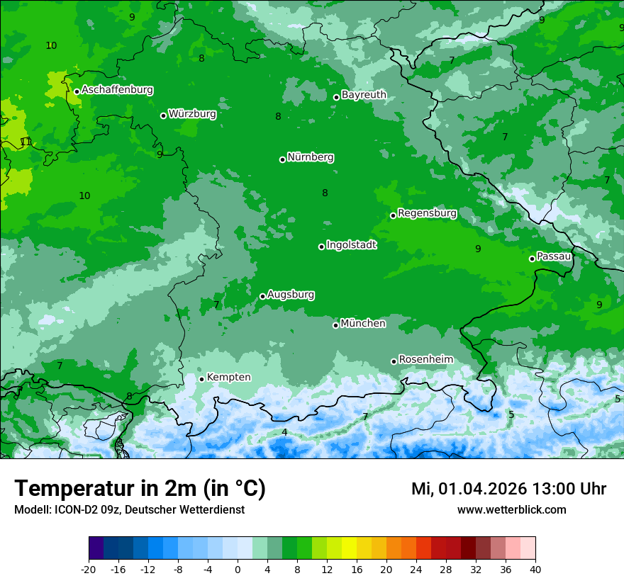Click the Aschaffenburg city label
pyautogui.click(x=117, y=90)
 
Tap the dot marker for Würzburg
pyautogui.click(x=163, y=115)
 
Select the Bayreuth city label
pyautogui.click(x=364, y=94)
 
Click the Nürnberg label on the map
pyautogui.click(x=311, y=157)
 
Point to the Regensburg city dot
pyautogui.click(x=393, y=215)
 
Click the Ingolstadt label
pyautogui.click(x=351, y=245)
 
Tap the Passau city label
pyautogui.click(x=554, y=256)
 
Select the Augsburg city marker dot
pyautogui.click(x=262, y=296)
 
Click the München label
pyautogui.click(x=363, y=324)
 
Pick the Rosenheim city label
pyautogui.click(x=425, y=360)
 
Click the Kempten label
pyautogui.click(x=228, y=378)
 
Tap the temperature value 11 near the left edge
pyautogui.click(x=26, y=142)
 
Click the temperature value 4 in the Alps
pyautogui.click(x=284, y=432)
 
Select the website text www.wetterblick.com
pyautogui.click(x=511, y=510)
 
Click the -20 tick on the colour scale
pyautogui.click(x=89, y=569)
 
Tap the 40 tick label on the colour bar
pyautogui.click(x=535, y=569)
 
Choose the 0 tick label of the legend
pyautogui.click(x=238, y=569)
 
